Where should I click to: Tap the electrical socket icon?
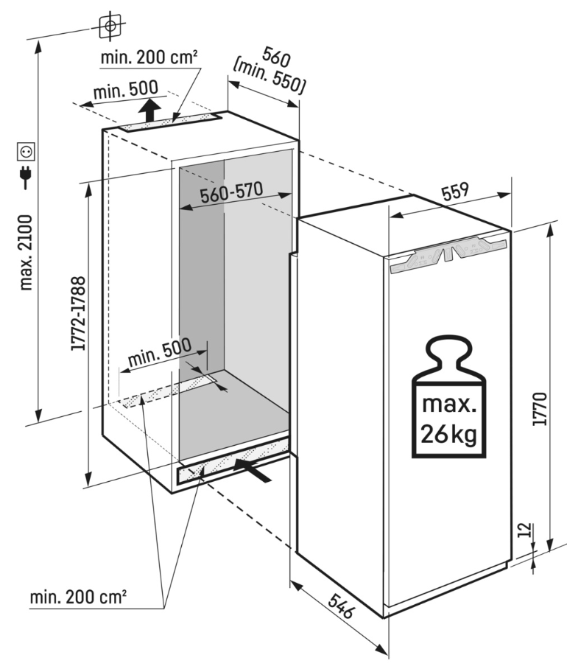point(26,152)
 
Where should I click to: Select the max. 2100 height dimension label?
point(26,251)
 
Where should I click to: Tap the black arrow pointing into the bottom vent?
point(255,469)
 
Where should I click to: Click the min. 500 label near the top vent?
point(125,91)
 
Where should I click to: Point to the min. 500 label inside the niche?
point(159,353)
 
